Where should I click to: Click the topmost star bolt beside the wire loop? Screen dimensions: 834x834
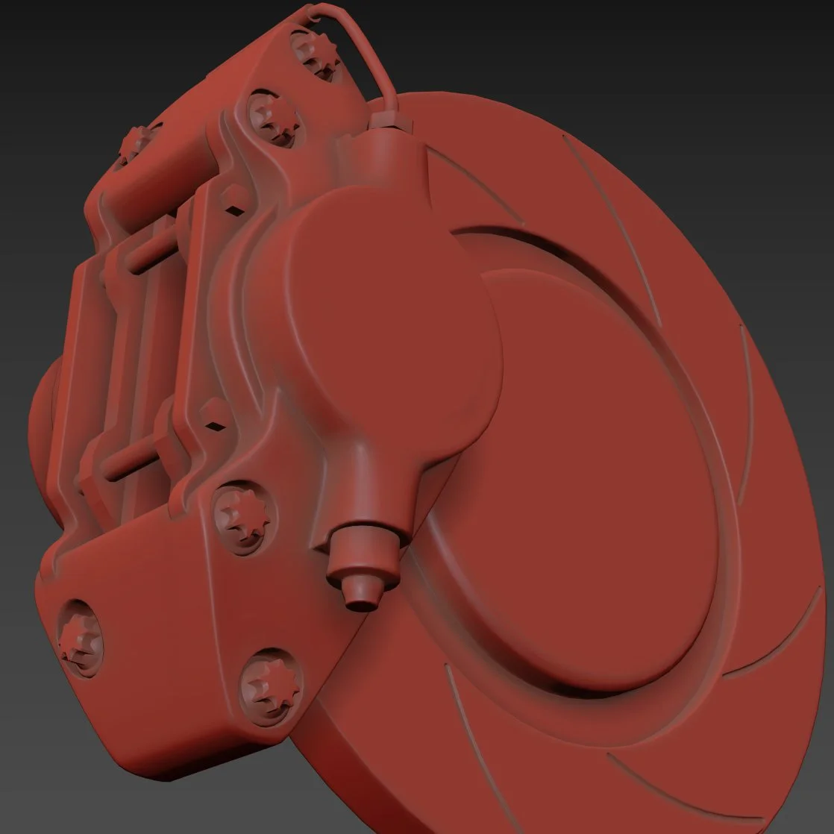click(317, 54)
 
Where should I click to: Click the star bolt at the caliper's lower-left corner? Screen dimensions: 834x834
click(78, 636)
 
